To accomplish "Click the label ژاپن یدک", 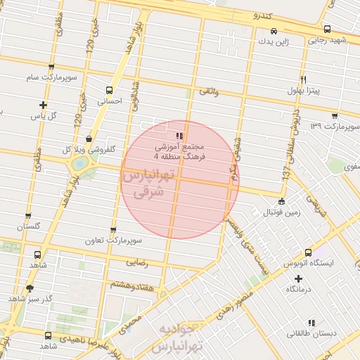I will pyautogui.click(x=274, y=43).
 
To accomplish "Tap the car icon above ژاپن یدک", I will pyautogui.click(x=274, y=32).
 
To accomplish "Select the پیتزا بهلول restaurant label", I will pyautogui.click(x=303, y=91).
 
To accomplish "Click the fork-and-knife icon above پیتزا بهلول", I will pyautogui.click(x=303, y=79).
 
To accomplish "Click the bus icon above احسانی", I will pyautogui.click(x=109, y=90).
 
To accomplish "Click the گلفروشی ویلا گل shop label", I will pyautogui.click(x=89, y=150).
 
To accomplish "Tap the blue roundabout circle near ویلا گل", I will pyautogui.click(x=79, y=163).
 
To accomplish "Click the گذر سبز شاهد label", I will pyautogui.click(x=27, y=299).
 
